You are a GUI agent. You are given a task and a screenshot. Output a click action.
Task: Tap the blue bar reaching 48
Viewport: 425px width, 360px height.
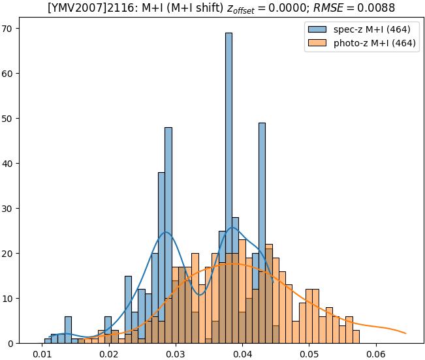pyautogui.click(x=168, y=235)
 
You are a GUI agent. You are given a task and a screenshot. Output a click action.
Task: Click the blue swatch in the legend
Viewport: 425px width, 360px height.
pyautogui.click(x=318, y=30)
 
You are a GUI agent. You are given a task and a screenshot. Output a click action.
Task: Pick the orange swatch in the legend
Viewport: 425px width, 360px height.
pyautogui.click(x=318, y=44)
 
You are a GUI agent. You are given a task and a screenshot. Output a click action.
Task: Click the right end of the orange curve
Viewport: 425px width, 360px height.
pyautogui.click(x=405, y=333)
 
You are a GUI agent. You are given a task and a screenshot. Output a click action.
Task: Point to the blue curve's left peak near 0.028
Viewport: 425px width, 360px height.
pyautogui.click(x=166, y=233)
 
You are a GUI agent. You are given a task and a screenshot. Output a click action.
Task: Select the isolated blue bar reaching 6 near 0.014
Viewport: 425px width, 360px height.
pyautogui.click(x=68, y=330)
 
